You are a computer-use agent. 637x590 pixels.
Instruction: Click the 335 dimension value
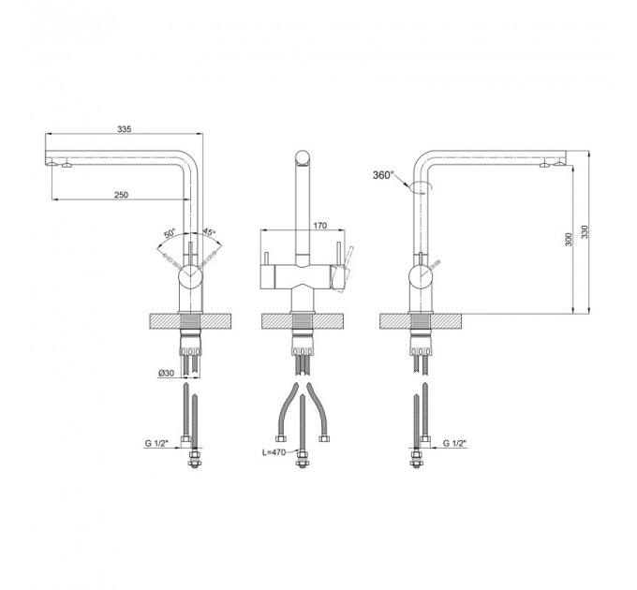(x=125, y=129)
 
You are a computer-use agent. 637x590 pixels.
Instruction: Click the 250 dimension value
(x=121, y=195)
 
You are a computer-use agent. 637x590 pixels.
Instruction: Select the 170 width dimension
(x=320, y=226)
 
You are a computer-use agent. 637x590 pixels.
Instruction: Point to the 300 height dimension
(x=569, y=239)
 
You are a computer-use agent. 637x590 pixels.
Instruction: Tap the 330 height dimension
(x=585, y=232)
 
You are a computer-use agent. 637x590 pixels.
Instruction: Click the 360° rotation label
(x=383, y=175)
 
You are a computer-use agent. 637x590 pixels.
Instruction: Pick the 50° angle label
(x=170, y=233)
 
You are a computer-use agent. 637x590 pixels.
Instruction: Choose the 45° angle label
(x=209, y=232)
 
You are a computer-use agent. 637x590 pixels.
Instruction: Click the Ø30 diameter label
(x=166, y=373)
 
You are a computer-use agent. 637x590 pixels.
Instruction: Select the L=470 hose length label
(x=274, y=452)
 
